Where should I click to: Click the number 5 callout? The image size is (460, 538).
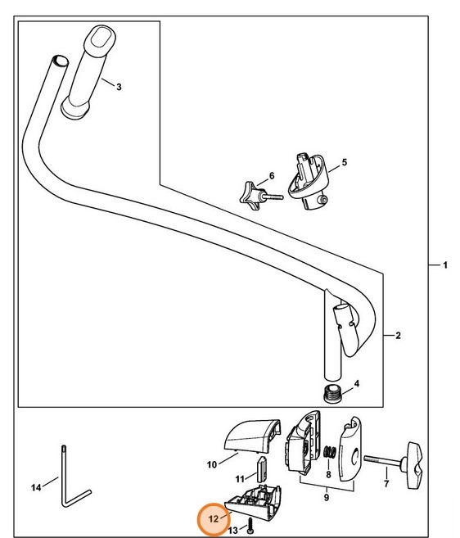click(344, 163)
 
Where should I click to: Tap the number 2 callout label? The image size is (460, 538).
click(397, 336)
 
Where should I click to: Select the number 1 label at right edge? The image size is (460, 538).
click(444, 265)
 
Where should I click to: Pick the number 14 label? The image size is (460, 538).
click(36, 488)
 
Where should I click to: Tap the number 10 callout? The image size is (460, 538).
click(211, 464)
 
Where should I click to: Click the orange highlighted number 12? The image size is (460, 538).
click(214, 518)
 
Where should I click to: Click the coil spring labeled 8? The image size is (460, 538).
click(329, 454)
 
